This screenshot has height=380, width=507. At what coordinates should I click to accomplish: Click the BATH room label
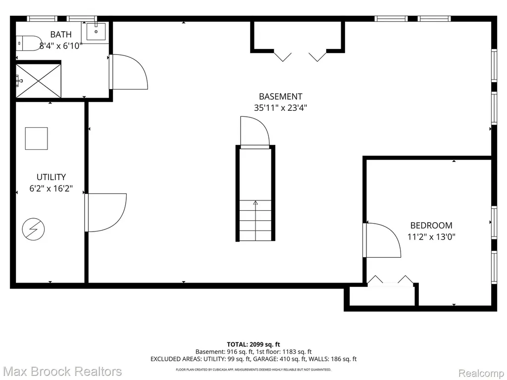(x=61, y=34)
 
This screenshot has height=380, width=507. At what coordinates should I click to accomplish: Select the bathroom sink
(x=96, y=32)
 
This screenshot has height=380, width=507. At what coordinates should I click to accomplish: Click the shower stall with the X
(x=38, y=81)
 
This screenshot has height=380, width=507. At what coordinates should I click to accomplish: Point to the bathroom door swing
(x=129, y=72)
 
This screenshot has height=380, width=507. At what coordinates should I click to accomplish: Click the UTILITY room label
(x=51, y=177)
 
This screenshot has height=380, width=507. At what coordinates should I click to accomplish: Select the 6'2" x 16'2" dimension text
(x=51, y=189)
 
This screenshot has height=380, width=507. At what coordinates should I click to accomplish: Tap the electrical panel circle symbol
(x=33, y=230)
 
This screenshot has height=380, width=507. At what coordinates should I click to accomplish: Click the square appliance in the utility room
(x=37, y=139)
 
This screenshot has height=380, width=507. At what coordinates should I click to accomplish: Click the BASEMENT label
(x=280, y=96)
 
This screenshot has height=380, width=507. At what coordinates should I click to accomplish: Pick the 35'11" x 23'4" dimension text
(x=280, y=107)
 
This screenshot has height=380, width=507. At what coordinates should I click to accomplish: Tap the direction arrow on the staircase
(x=255, y=203)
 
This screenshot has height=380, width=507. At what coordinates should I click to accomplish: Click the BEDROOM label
(x=431, y=225)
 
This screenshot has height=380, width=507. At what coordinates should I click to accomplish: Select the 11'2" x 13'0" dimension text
(x=431, y=237)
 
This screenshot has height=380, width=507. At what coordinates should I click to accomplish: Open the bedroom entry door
(x=382, y=240)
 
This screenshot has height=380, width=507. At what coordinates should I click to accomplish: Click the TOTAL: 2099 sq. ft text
(x=253, y=344)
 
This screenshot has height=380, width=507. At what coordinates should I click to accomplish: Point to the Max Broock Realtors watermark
(x=62, y=371)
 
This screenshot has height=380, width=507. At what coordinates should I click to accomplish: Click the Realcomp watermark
(x=482, y=374)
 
